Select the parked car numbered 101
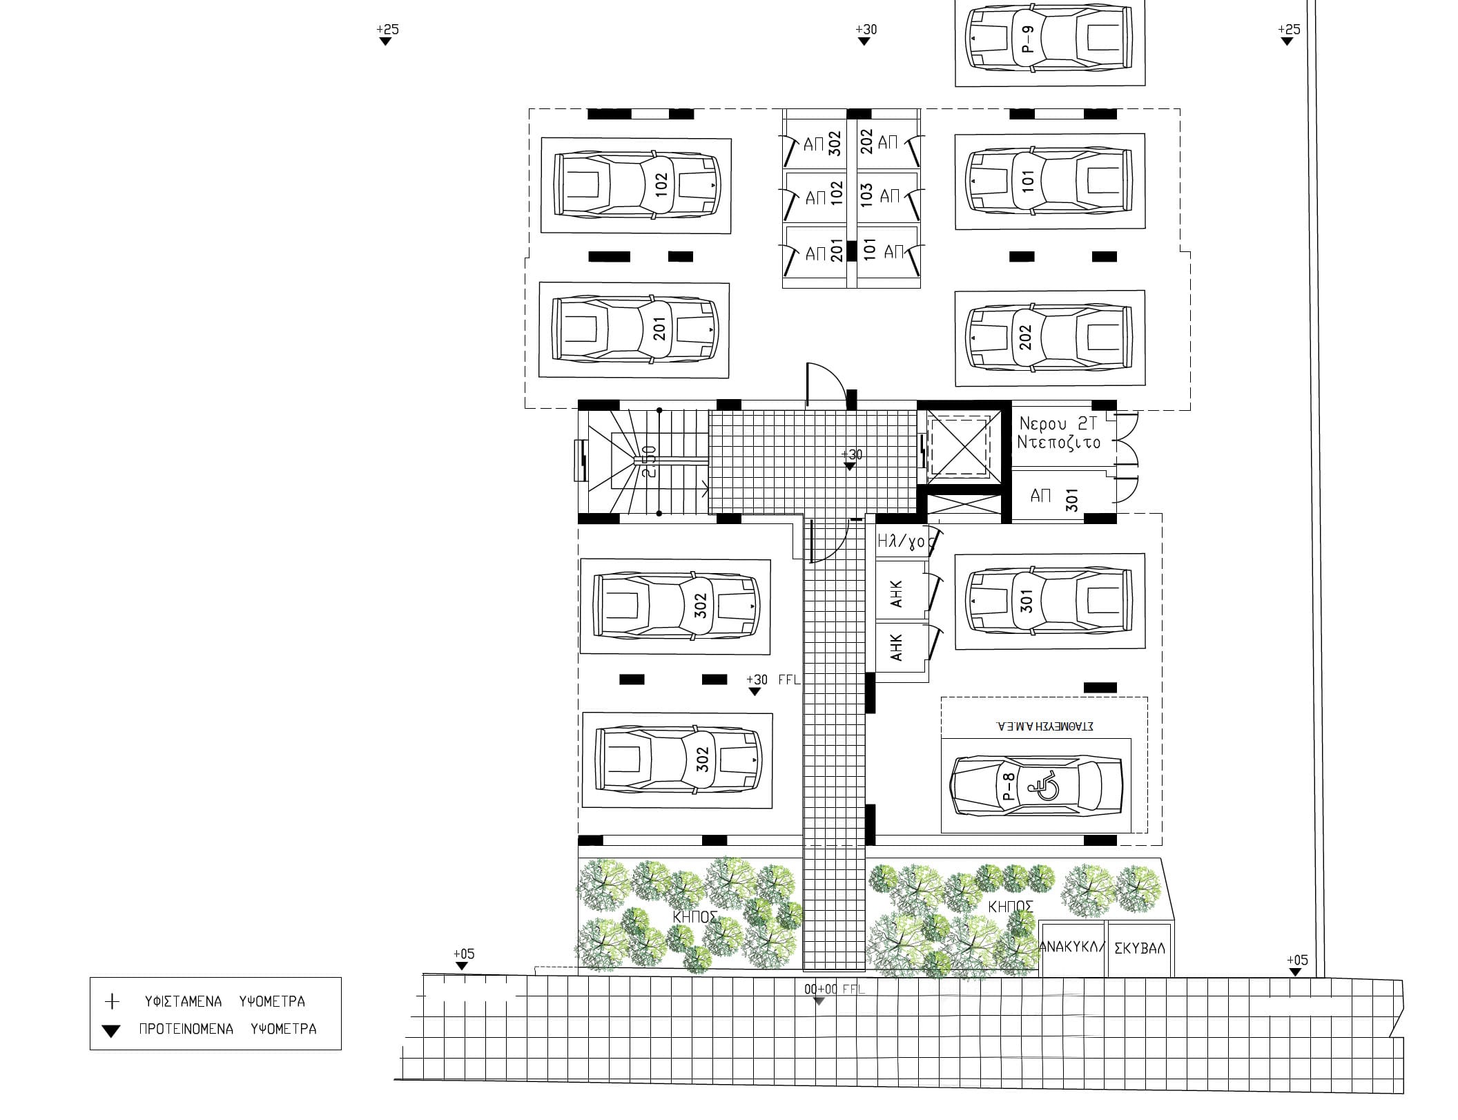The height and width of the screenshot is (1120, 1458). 1049,181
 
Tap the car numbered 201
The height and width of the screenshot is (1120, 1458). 634,330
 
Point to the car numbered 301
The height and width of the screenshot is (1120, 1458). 1049,601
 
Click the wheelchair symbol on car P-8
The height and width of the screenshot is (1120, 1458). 1043,787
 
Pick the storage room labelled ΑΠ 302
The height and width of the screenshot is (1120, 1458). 818,144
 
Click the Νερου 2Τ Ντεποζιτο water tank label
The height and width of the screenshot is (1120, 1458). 1058,433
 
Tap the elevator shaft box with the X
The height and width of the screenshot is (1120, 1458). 959,446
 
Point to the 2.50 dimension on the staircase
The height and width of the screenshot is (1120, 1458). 649,461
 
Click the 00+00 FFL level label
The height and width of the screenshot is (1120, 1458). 834,989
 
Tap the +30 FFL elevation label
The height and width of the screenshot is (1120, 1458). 773,680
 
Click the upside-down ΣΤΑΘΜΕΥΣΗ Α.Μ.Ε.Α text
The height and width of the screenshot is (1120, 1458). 1044,726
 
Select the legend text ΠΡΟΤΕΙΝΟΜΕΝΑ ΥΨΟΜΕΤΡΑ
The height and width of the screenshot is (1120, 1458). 228,1029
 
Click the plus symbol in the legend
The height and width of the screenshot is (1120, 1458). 111,1001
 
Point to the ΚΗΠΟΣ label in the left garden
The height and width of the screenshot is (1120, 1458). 695,917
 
